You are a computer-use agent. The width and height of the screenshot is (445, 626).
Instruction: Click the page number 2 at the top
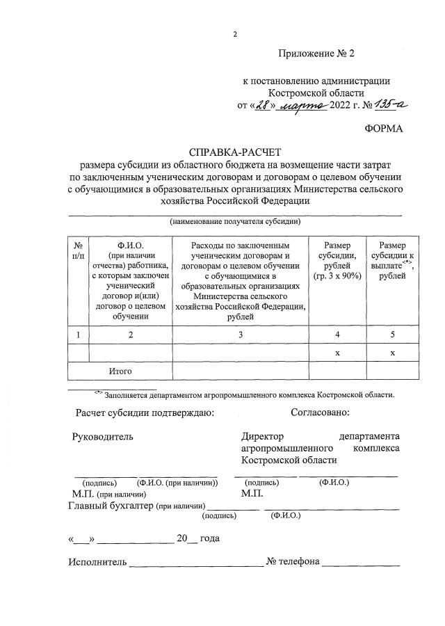[235, 34]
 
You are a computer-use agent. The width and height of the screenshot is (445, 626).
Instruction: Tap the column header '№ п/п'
[79, 251]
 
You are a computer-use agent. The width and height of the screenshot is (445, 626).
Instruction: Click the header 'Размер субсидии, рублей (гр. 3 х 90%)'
[337, 261]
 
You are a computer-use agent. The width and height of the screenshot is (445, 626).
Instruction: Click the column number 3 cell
[241, 335]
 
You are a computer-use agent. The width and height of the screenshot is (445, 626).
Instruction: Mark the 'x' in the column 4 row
[337, 353]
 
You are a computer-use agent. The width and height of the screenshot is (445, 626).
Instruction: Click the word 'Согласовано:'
[319, 413]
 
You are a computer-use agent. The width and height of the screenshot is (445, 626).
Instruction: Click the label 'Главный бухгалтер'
[111, 506]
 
